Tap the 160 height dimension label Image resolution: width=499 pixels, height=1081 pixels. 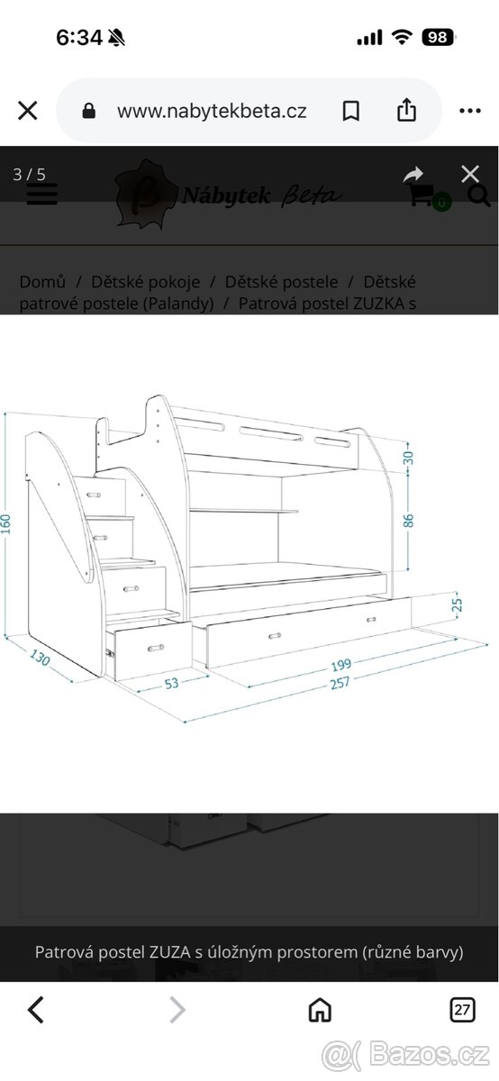pyautogui.click(x=5, y=523)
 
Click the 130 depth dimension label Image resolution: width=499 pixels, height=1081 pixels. pyautogui.click(x=40, y=658)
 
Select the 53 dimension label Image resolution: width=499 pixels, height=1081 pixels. pyautogui.click(x=171, y=684)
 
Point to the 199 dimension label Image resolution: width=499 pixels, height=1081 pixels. pyautogui.click(x=341, y=665)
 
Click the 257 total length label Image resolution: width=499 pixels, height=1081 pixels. pyautogui.click(x=340, y=684)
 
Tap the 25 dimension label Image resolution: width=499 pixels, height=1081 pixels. pyautogui.click(x=457, y=604)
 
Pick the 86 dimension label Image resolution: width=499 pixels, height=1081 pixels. pyautogui.click(x=408, y=521)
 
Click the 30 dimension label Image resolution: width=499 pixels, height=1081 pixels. pyautogui.click(x=408, y=458)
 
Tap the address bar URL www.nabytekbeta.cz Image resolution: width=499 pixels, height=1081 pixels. pyautogui.click(x=212, y=112)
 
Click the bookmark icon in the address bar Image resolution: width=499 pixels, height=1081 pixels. pyautogui.click(x=351, y=112)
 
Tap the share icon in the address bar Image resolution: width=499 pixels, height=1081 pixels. pyautogui.click(x=406, y=110)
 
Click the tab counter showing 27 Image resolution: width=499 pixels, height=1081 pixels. pyautogui.click(x=462, y=1010)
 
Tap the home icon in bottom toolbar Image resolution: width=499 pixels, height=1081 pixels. pyautogui.click(x=320, y=1010)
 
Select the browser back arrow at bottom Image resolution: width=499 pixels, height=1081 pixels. pyautogui.click(x=36, y=1010)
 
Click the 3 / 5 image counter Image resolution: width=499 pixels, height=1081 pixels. pyautogui.click(x=29, y=174)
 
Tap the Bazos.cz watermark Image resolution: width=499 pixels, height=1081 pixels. pyautogui.click(x=406, y=1055)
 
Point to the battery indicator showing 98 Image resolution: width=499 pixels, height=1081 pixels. pyautogui.click(x=438, y=37)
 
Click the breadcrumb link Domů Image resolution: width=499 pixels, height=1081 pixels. pyautogui.click(x=42, y=282)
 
